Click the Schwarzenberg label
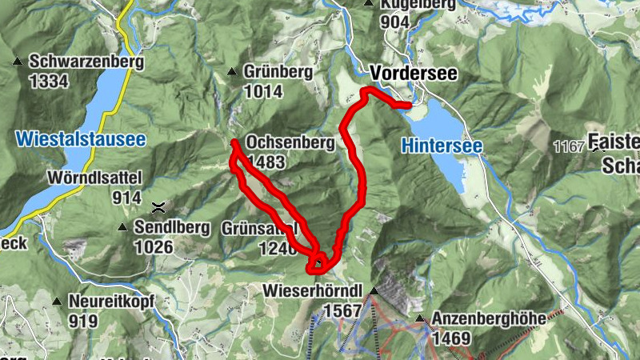86,62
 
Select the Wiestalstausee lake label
81,139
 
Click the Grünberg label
280,72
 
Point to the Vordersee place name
414,73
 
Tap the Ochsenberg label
290,142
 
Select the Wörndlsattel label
93,176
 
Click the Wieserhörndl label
314,290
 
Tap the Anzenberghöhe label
489,318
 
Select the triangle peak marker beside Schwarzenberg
17,61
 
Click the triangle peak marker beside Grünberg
231,71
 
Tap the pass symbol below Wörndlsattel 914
159,207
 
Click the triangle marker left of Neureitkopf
57,302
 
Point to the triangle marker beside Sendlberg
122,227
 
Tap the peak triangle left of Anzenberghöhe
420,318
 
